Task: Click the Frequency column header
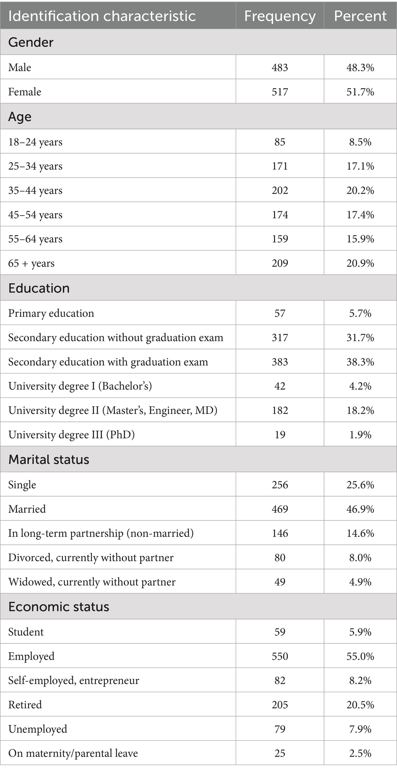[x=280, y=16]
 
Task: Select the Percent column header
[x=360, y=16]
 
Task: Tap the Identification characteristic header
[x=102, y=16]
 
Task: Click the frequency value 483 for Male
[x=280, y=68]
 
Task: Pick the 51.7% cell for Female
[x=360, y=92]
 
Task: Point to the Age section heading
[x=20, y=117]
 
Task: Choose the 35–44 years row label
[x=35, y=191]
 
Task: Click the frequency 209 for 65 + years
[x=280, y=264]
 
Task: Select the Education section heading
[x=39, y=288]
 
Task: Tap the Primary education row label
[x=51, y=313]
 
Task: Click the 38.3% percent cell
[x=360, y=362]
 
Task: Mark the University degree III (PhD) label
[x=72, y=435]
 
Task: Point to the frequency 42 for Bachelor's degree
[x=280, y=386]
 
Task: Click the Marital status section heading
[x=49, y=459]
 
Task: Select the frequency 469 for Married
[x=280, y=509]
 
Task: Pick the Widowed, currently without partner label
[x=92, y=582]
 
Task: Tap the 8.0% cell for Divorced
[x=360, y=558]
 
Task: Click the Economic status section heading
[x=59, y=607]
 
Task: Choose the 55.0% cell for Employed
[x=360, y=656]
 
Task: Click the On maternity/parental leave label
[x=73, y=753]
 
